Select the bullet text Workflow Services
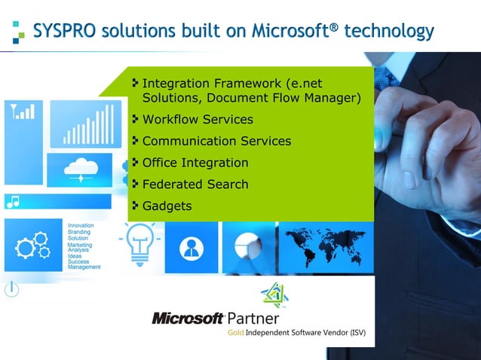pyautogui.click(x=198, y=120)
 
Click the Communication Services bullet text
pyautogui.click(x=216, y=141)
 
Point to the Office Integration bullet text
pyautogui.click(x=195, y=163)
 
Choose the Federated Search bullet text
pyautogui.click(x=195, y=185)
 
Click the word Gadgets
pyautogui.click(x=167, y=206)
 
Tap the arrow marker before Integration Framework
pyautogui.click(x=136, y=81)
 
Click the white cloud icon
pyautogui.click(x=80, y=168)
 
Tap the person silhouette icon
pyautogui.click(x=193, y=247)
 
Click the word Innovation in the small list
pyautogui.click(x=81, y=225)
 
